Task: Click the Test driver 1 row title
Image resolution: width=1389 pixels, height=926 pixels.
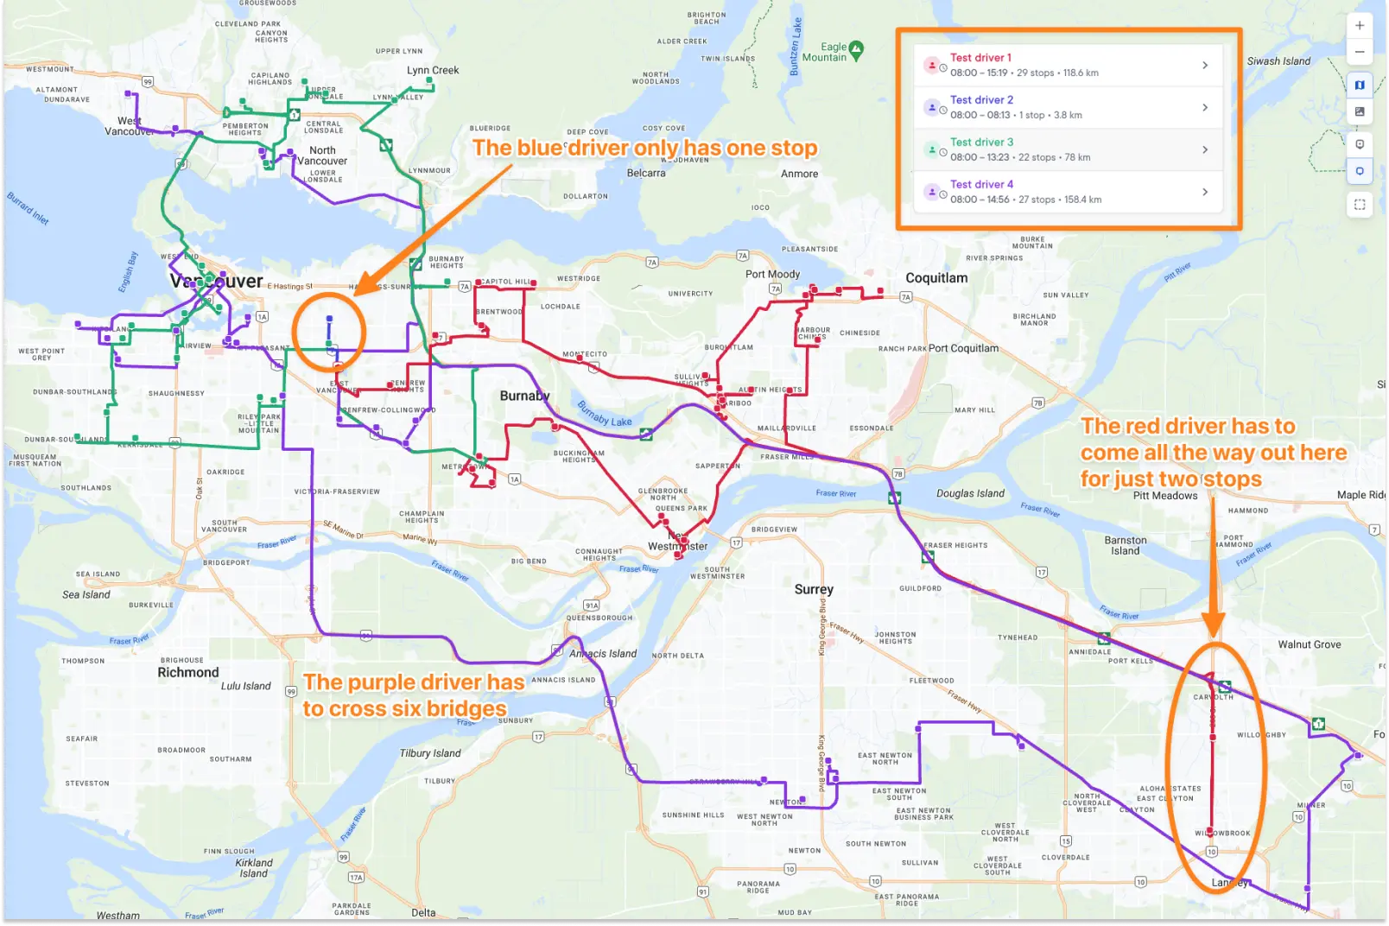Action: [x=980, y=58]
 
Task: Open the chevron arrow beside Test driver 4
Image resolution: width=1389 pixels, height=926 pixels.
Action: [x=1205, y=192]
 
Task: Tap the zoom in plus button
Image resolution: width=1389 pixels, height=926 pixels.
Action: [x=1360, y=25]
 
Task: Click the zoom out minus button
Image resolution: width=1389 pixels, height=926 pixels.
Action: [x=1360, y=52]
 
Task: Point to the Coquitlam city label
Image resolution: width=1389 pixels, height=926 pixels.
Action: [x=936, y=278]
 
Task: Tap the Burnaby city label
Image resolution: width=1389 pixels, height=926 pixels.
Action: [x=524, y=396]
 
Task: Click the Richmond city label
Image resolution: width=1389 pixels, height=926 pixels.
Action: [x=188, y=672]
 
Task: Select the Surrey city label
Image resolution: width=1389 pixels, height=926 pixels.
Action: [x=814, y=589]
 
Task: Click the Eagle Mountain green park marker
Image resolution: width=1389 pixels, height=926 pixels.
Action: [x=856, y=49]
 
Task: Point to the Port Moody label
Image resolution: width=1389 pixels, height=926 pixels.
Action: [x=772, y=274]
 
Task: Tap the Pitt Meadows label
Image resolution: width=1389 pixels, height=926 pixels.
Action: [x=1165, y=496]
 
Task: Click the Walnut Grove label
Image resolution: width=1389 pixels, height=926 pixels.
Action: [x=1310, y=644]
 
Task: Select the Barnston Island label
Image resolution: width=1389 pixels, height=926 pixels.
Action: [x=1126, y=545]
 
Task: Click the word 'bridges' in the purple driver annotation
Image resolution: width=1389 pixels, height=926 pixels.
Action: [x=465, y=709]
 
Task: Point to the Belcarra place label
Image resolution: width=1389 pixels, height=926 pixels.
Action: [x=646, y=174]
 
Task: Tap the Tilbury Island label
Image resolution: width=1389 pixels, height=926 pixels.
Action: [x=430, y=753]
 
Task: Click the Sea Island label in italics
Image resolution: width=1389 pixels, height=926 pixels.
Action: [x=86, y=594]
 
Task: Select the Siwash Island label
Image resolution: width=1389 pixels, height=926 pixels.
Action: [x=1278, y=61]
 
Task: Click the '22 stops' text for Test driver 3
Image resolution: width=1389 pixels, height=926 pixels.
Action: [x=1037, y=157]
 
